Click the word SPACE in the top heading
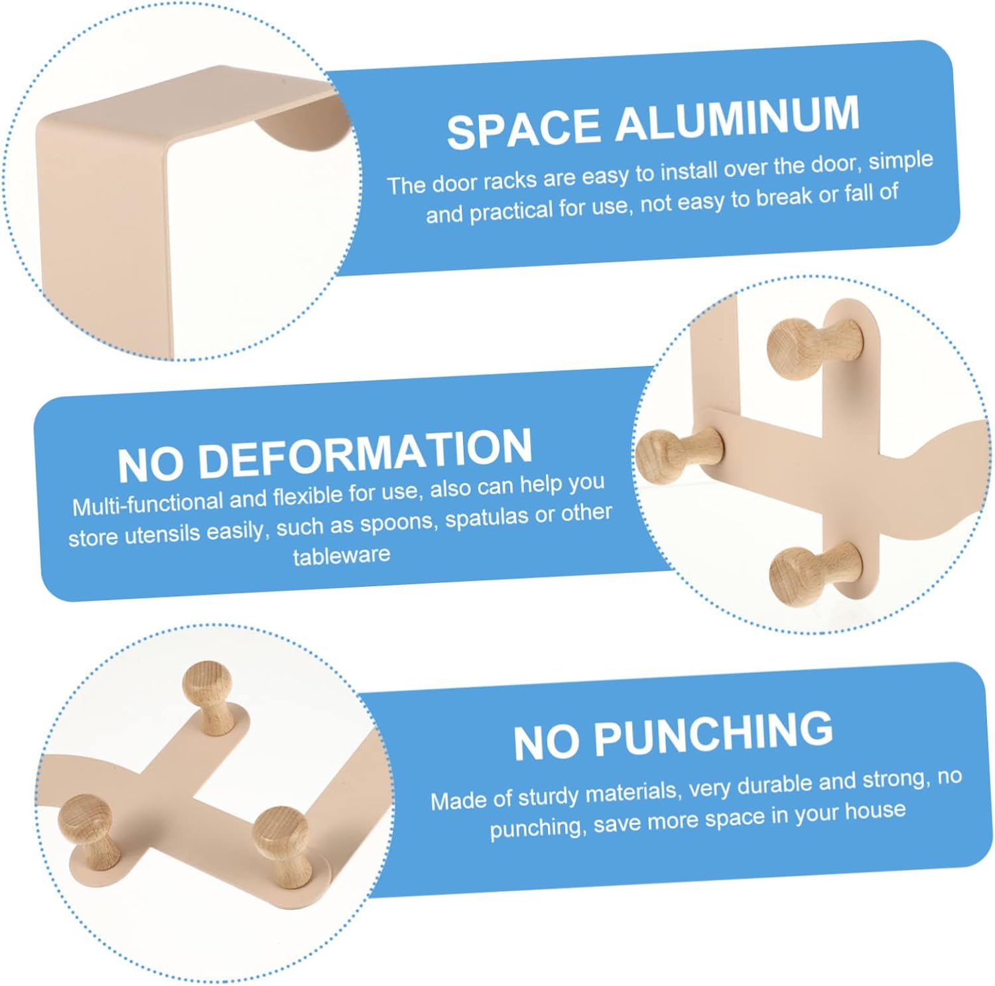[524, 128]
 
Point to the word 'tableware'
[342, 554]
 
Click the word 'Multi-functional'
[148, 503]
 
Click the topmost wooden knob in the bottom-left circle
[210, 695]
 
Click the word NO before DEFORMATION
[151, 465]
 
